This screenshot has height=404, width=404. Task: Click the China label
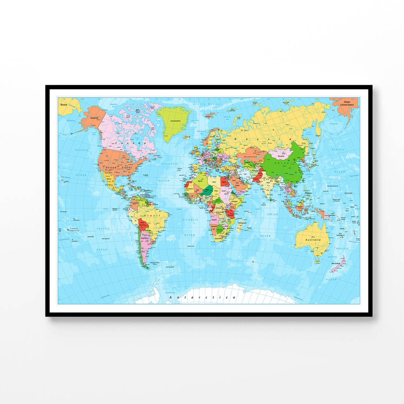pyautogui.click(x=280, y=163)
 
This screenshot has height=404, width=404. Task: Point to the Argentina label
pyautogui.click(x=144, y=238)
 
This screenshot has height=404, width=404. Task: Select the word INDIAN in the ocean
pyautogui.click(x=272, y=214)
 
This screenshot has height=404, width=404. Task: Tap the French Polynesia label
pyautogui.click(x=73, y=230)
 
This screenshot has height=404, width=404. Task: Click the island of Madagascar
pyautogui.click(x=240, y=226)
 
